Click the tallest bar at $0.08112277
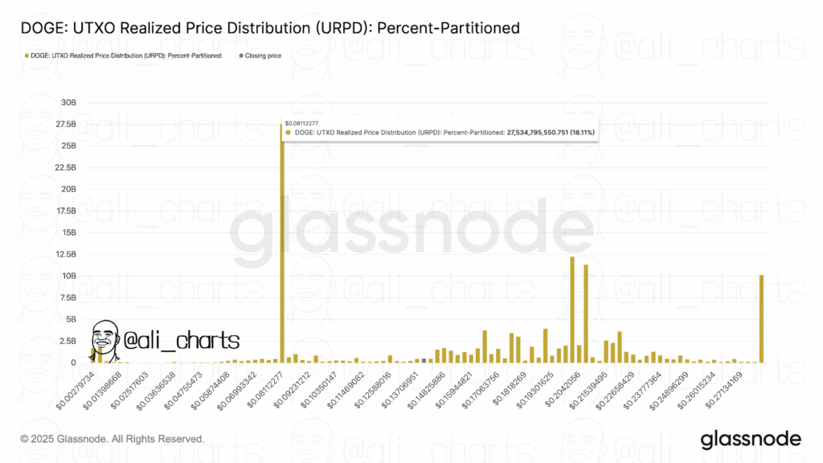(281, 241)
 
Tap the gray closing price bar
(424, 360)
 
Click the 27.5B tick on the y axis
(66, 125)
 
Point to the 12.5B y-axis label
(66, 254)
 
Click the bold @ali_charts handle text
(182, 340)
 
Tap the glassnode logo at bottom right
(750, 439)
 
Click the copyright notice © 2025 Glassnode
(112, 439)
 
